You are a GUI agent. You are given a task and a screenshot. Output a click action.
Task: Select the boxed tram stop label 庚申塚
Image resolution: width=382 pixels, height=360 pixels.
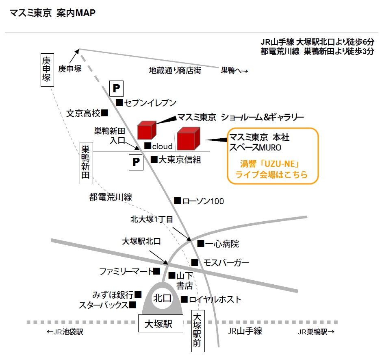click(x=47, y=70)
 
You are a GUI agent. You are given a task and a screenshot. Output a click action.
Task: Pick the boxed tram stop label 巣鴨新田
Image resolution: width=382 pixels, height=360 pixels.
click(x=86, y=163)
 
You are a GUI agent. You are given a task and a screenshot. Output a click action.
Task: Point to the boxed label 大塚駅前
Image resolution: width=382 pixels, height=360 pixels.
click(x=198, y=330)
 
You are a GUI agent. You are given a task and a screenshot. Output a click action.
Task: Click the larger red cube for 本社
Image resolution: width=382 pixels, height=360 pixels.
click(x=188, y=138)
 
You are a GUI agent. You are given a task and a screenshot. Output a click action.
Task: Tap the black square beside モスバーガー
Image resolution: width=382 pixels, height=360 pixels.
click(x=195, y=263)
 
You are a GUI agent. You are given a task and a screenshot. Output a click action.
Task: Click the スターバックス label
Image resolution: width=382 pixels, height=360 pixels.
click(x=104, y=305)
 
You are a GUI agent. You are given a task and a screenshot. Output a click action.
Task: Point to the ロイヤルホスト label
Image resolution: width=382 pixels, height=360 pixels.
click(x=215, y=300)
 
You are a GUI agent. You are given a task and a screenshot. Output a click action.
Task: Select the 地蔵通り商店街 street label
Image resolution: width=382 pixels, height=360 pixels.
click(x=175, y=70)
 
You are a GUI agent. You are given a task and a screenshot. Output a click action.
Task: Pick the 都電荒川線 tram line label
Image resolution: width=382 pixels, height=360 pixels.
click(x=111, y=197)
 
